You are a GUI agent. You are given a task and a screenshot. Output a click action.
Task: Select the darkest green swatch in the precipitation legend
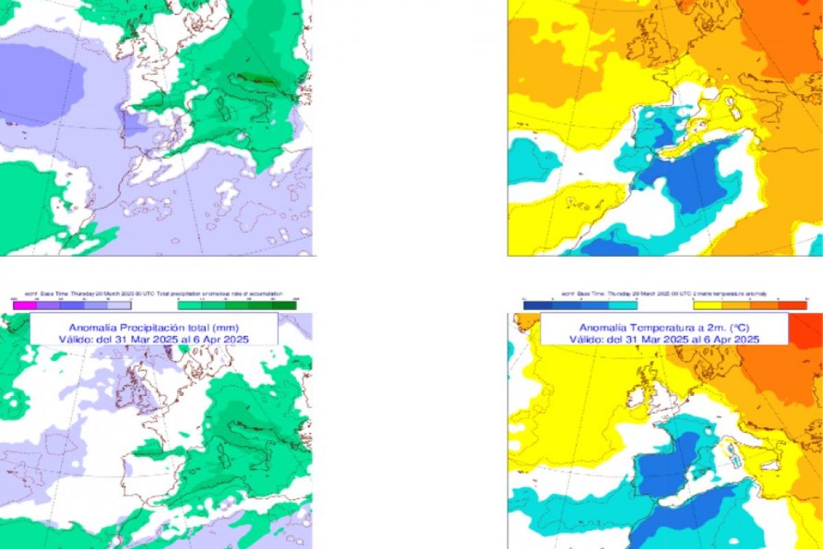pos(286,305)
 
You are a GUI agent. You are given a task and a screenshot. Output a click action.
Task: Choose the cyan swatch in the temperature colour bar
pos(623,305)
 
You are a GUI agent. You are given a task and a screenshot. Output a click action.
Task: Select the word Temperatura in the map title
pos(662,327)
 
